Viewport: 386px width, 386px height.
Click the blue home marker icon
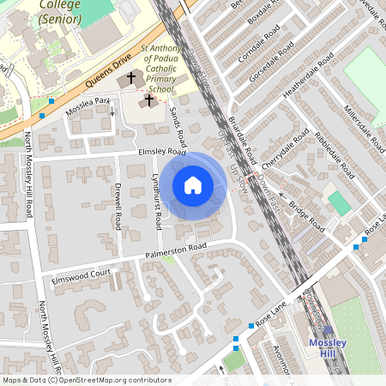click(x=193, y=185)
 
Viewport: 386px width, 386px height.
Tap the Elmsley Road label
click(x=162, y=152)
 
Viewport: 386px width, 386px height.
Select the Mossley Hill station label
click(x=328, y=348)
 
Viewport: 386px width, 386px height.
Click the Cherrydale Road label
click(x=285, y=151)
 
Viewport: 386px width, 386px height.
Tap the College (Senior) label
click(x=59, y=10)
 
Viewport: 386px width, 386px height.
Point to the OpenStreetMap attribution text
click(x=86, y=380)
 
